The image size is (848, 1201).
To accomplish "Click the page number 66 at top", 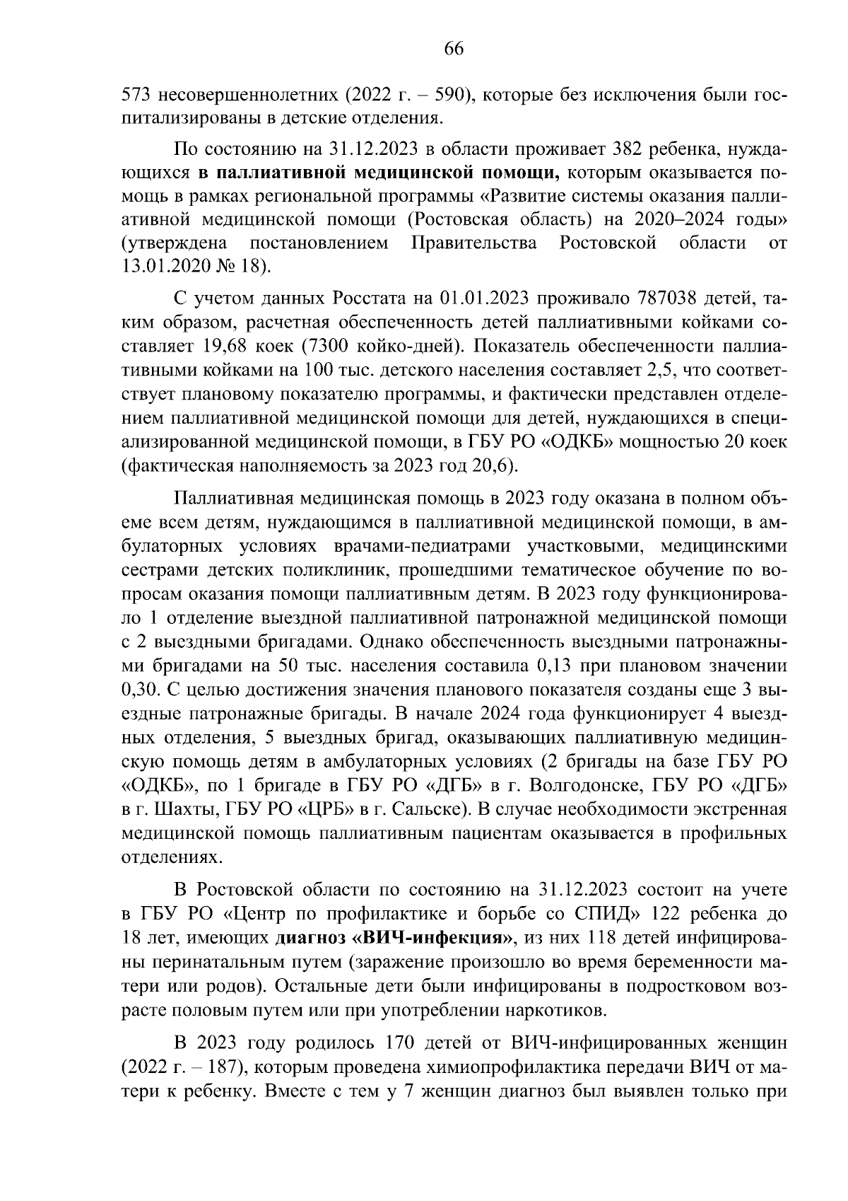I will [x=453, y=48].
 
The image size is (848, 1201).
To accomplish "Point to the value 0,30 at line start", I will [x=138, y=689].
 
